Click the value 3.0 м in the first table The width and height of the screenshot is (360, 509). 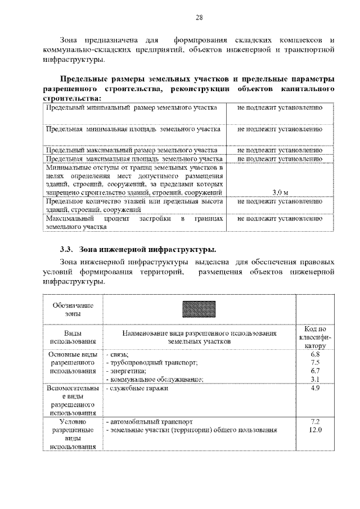pyautogui.click(x=280, y=192)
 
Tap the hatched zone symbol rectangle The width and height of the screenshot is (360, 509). pyautogui.click(x=200, y=309)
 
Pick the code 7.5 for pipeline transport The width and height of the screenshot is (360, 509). pyautogui.click(x=315, y=363)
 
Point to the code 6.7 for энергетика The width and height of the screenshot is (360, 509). pyautogui.click(x=315, y=371)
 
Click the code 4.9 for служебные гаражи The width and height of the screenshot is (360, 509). pyautogui.click(x=315, y=388)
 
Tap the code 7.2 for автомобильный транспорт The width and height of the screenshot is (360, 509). pyautogui.click(x=315, y=421)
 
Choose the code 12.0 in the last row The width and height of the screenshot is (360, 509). pyautogui.click(x=315, y=430)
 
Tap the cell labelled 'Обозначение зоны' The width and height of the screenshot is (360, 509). pyautogui.click(x=73, y=309)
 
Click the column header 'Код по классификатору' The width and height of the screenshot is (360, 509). pyautogui.click(x=315, y=337)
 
